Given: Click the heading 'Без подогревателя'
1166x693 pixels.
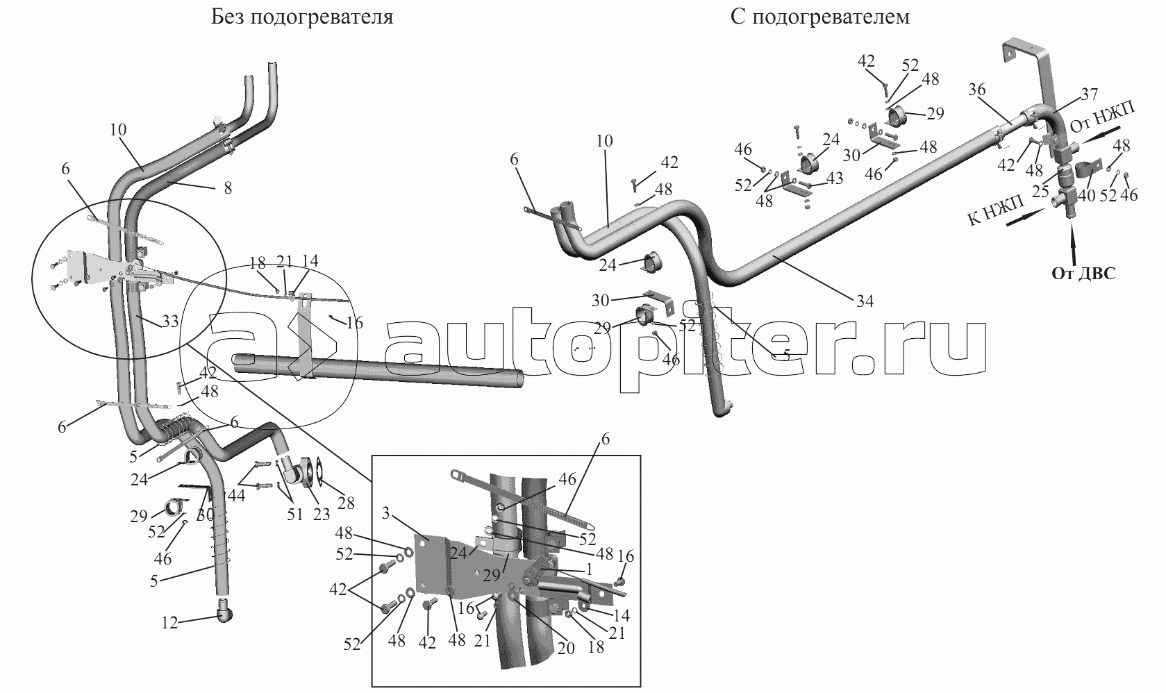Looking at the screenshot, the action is coord(302,17).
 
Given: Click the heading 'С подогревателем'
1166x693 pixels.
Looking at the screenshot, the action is coord(820,17).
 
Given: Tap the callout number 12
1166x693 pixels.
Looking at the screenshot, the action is coord(169,623).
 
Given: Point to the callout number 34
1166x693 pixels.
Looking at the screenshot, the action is coord(865,301).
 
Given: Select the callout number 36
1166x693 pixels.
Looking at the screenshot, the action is coord(977,90).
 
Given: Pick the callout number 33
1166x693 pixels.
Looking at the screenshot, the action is coord(169,322).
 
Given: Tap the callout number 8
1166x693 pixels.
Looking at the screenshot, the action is coord(228,188).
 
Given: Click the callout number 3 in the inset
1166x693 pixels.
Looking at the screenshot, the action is coord(385,513).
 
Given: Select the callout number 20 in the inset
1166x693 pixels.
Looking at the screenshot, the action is coord(566,649).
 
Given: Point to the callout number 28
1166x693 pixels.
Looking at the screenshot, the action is coord(346,503).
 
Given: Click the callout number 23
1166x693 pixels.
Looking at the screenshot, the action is coord(321,515).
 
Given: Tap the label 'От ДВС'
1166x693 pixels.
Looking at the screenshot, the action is coord(1084,274).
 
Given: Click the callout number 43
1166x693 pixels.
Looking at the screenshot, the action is coord(834,178).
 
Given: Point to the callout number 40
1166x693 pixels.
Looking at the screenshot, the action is coord(1086,195).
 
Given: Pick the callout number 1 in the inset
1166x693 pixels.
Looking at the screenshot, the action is coord(589,570).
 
